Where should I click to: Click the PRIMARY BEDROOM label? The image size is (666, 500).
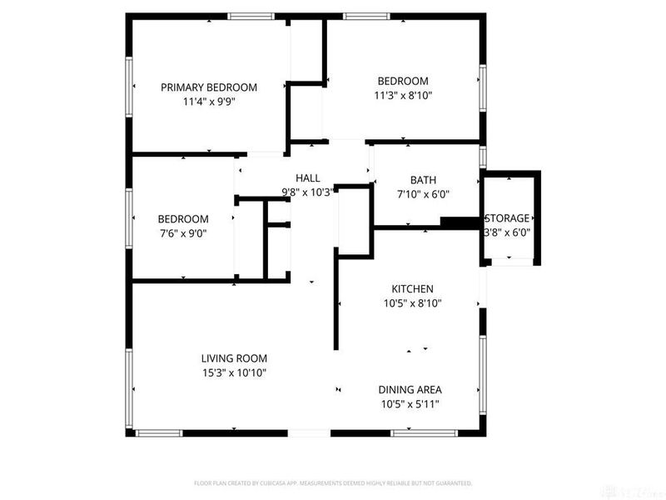click(x=208, y=87)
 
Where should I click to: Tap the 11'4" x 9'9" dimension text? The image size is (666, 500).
click(x=208, y=102)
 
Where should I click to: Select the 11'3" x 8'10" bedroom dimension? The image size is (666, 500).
click(x=403, y=96)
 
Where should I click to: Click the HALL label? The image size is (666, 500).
click(x=308, y=177)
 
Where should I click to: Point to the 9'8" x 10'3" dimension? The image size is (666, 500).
click(x=308, y=192)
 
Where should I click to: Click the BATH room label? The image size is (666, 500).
click(x=423, y=180)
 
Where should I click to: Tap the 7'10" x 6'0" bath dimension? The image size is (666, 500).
click(x=423, y=195)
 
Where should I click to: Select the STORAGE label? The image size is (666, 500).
click(x=507, y=218)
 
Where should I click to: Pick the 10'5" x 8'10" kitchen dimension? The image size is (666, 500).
click(x=413, y=303)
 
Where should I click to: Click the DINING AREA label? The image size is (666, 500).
click(x=410, y=389)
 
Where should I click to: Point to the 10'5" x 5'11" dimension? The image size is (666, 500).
click(x=410, y=404)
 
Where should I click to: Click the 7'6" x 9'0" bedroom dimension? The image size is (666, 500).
click(x=182, y=234)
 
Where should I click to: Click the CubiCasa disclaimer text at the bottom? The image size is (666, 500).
click(x=333, y=482)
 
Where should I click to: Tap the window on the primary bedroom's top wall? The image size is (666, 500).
click(x=253, y=15)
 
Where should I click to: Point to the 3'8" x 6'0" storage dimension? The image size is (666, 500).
click(x=507, y=233)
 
